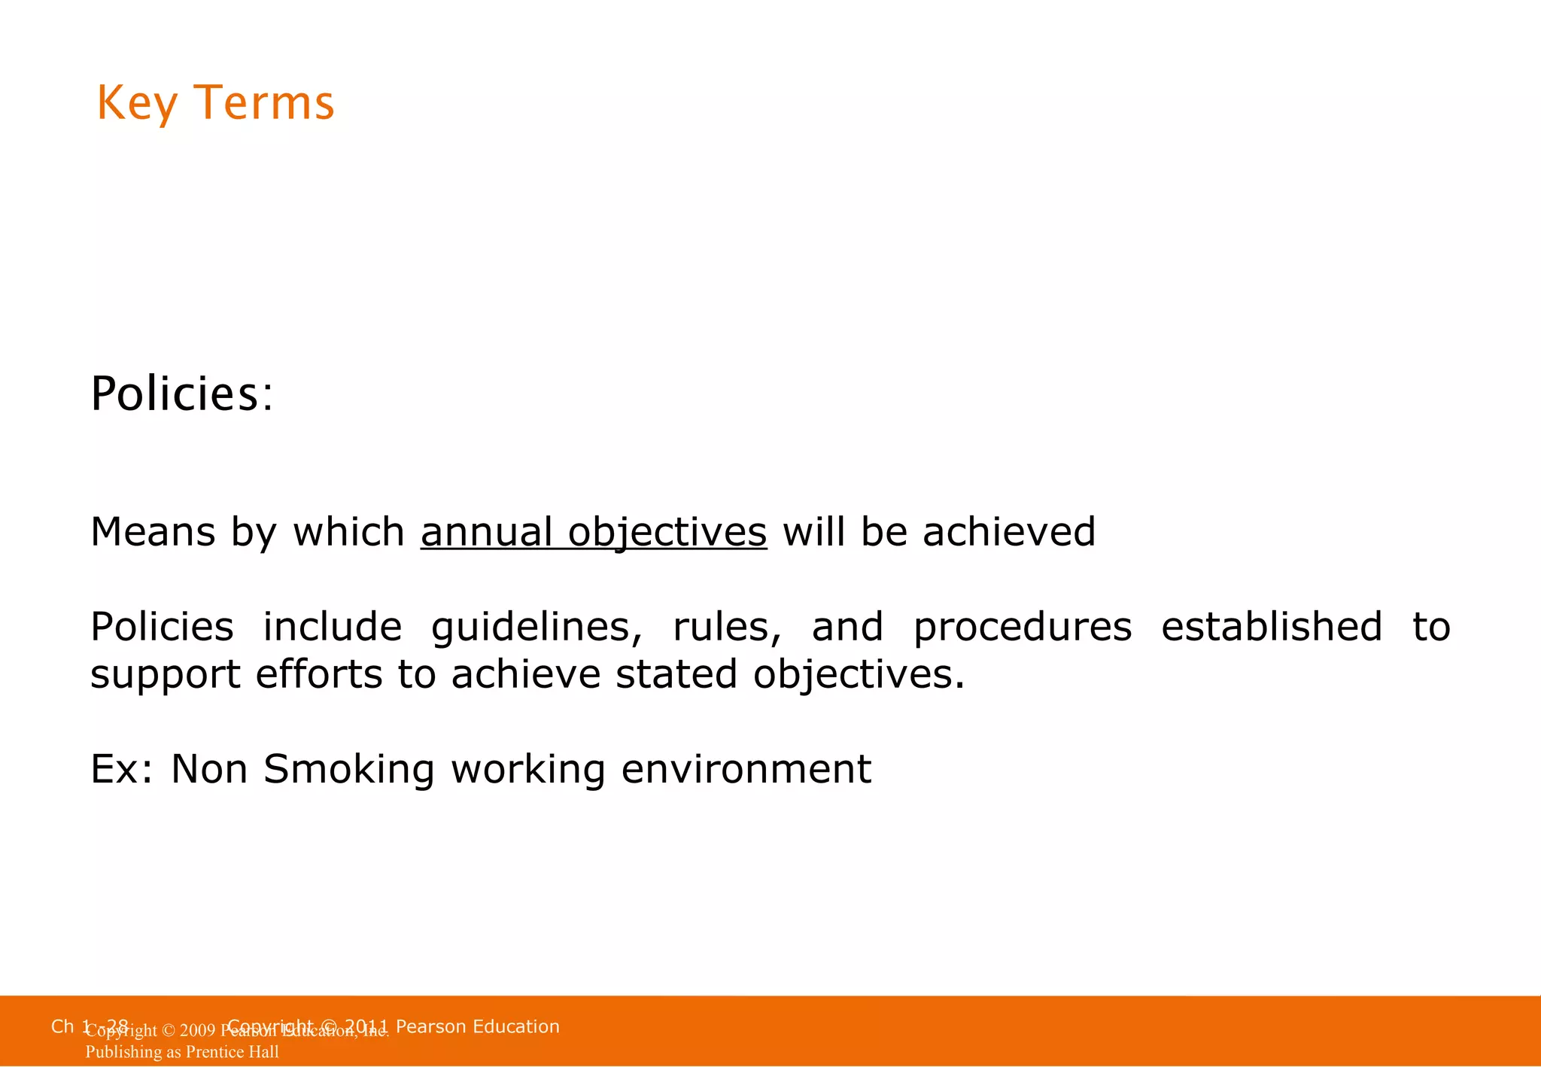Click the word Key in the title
point(137,104)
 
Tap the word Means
point(153,532)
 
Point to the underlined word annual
point(487,532)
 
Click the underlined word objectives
point(667,533)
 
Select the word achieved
point(1008,532)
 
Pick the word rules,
point(727,628)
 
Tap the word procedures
point(1022,628)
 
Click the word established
point(1271,627)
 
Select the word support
point(166,675)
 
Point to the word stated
point(676,674)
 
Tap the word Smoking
point(349,770)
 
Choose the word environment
point(746,770)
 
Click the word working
point(527,770)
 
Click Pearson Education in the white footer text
point(477,1026)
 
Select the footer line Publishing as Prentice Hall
point(182,1052)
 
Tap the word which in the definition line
point(348,532)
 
